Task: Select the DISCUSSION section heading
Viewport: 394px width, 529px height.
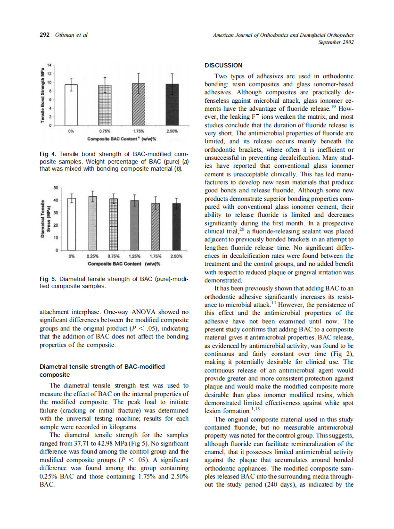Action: [224, 66]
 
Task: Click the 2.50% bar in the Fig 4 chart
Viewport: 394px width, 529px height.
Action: [172, 105]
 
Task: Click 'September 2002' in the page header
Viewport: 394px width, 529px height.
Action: [336, 42]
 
